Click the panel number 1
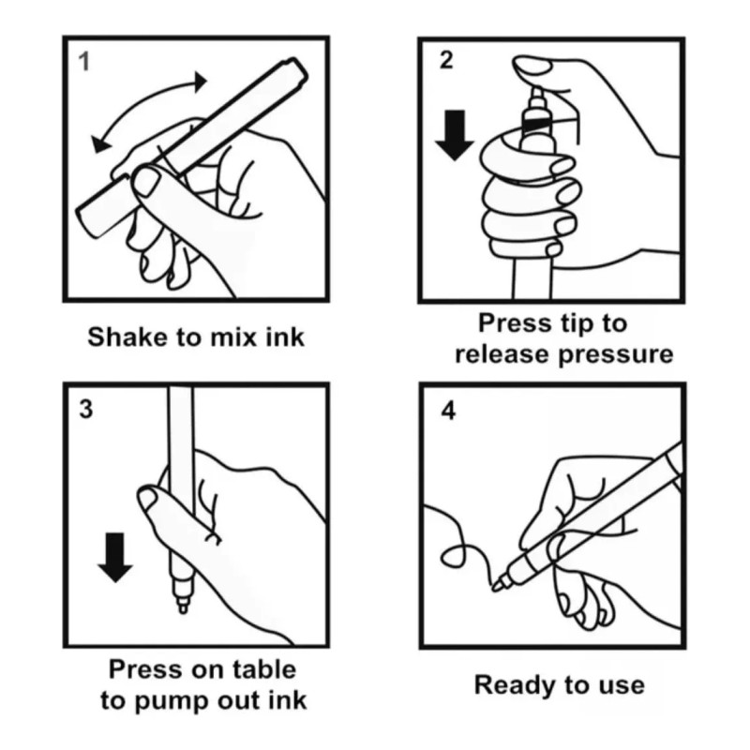[x=84, y=62]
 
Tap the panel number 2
[x=446, y=61]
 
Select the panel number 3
[x=86, y=410]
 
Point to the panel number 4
[x=448, y=411]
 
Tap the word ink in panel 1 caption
[x=285, y=337]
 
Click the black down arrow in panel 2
[x=455, y=135]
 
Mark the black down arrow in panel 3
[x=115, y=557]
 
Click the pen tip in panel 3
[x=182, y=607]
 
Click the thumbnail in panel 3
[x=147, y=499]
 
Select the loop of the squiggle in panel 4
[x=453, y=556]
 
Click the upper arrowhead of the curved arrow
[x=200, y=82]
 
